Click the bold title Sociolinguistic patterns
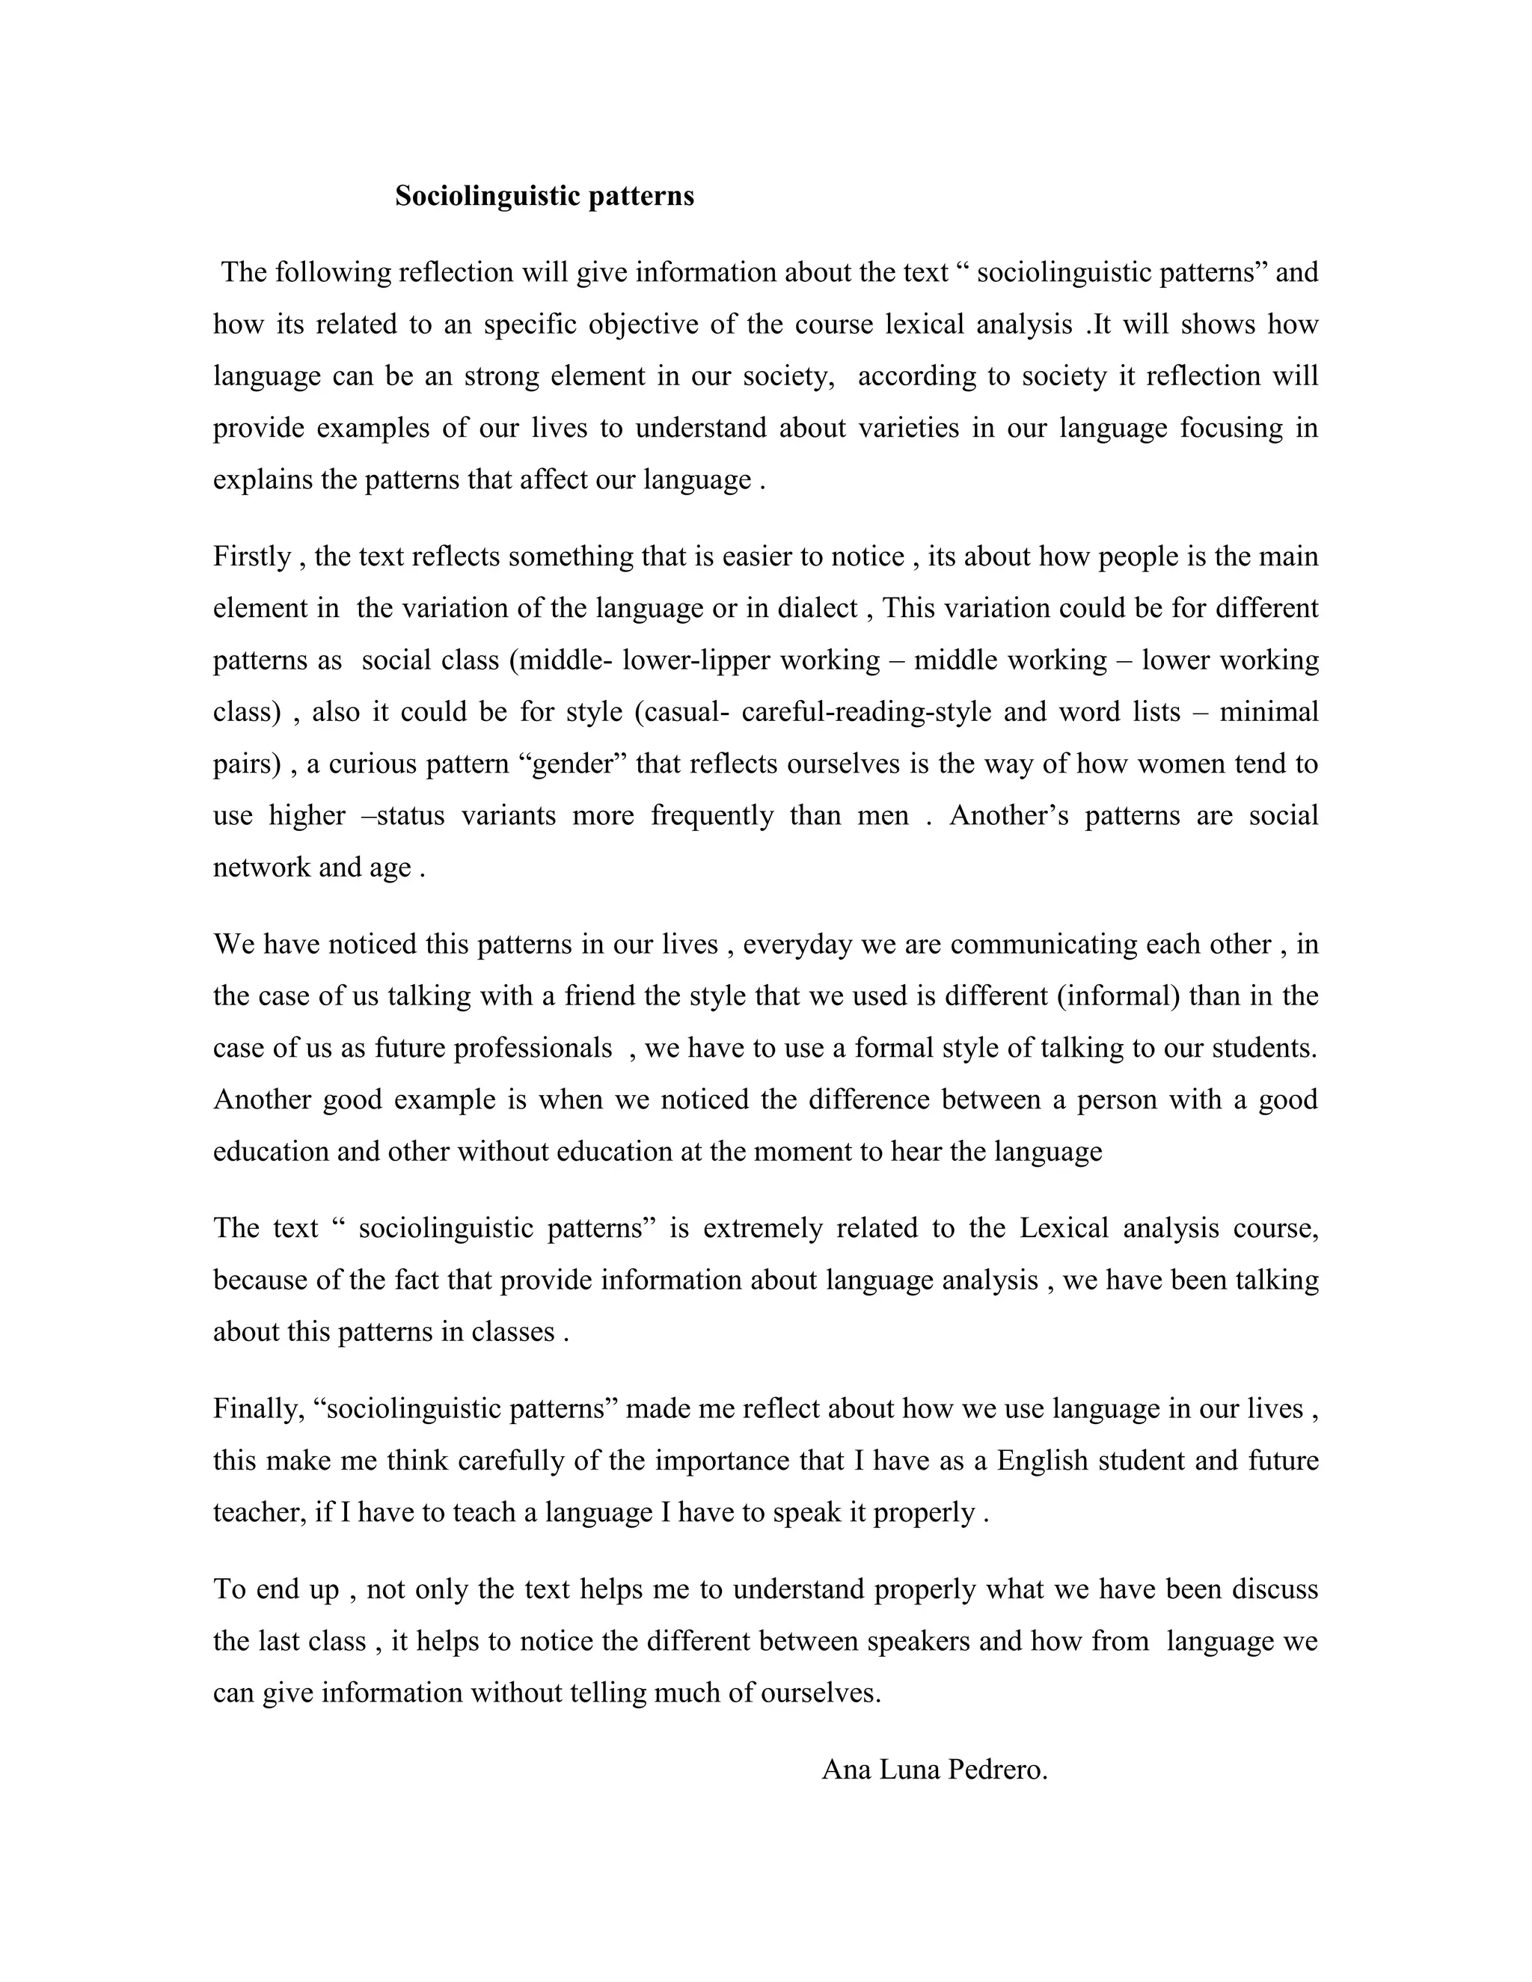[x=544, y=196]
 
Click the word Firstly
[x=251, y=556]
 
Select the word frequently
[x=711, y=816]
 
